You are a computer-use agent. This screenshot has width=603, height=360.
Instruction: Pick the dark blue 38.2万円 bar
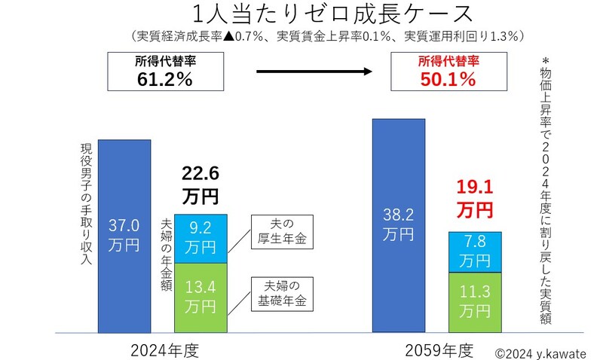pos(399,226)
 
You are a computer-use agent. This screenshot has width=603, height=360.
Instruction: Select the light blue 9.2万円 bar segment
pos(200,239)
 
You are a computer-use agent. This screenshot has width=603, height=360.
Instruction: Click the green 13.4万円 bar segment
pos(200,297)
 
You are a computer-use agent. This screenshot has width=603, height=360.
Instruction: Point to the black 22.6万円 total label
pos(200,185)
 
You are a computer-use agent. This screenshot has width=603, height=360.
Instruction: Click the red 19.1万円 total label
pos(474,198)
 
